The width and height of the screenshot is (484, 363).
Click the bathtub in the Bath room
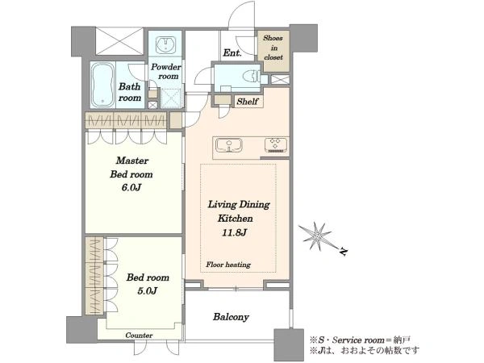click(102, 85)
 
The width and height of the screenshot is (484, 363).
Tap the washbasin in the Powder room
click(166, 45)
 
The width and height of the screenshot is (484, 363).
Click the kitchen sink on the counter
click(229, 145)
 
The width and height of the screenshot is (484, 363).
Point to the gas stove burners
click(276, 145)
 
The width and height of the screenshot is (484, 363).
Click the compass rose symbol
click(315, 236)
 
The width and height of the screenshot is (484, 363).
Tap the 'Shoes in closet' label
click(273, 48)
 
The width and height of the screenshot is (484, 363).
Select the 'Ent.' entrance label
click(232, 52)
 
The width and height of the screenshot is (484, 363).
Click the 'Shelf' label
click(248, 102)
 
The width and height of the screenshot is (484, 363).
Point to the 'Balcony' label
click(231, 317)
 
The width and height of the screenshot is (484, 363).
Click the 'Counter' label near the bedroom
click(139, 336)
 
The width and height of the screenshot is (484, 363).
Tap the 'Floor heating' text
click(228, 265)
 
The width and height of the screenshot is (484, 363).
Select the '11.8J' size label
click(234, 232)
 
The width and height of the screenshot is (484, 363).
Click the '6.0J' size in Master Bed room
click(131, 187)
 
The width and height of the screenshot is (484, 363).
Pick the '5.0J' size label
click(148, 290)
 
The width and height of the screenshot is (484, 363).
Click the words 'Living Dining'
click(239, 204)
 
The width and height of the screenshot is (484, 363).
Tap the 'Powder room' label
click(166, 71)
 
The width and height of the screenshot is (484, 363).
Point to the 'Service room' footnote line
click(360, 340)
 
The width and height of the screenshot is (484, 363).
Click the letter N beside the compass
click(343, 252)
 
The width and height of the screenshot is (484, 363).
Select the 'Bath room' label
click(130, 92)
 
